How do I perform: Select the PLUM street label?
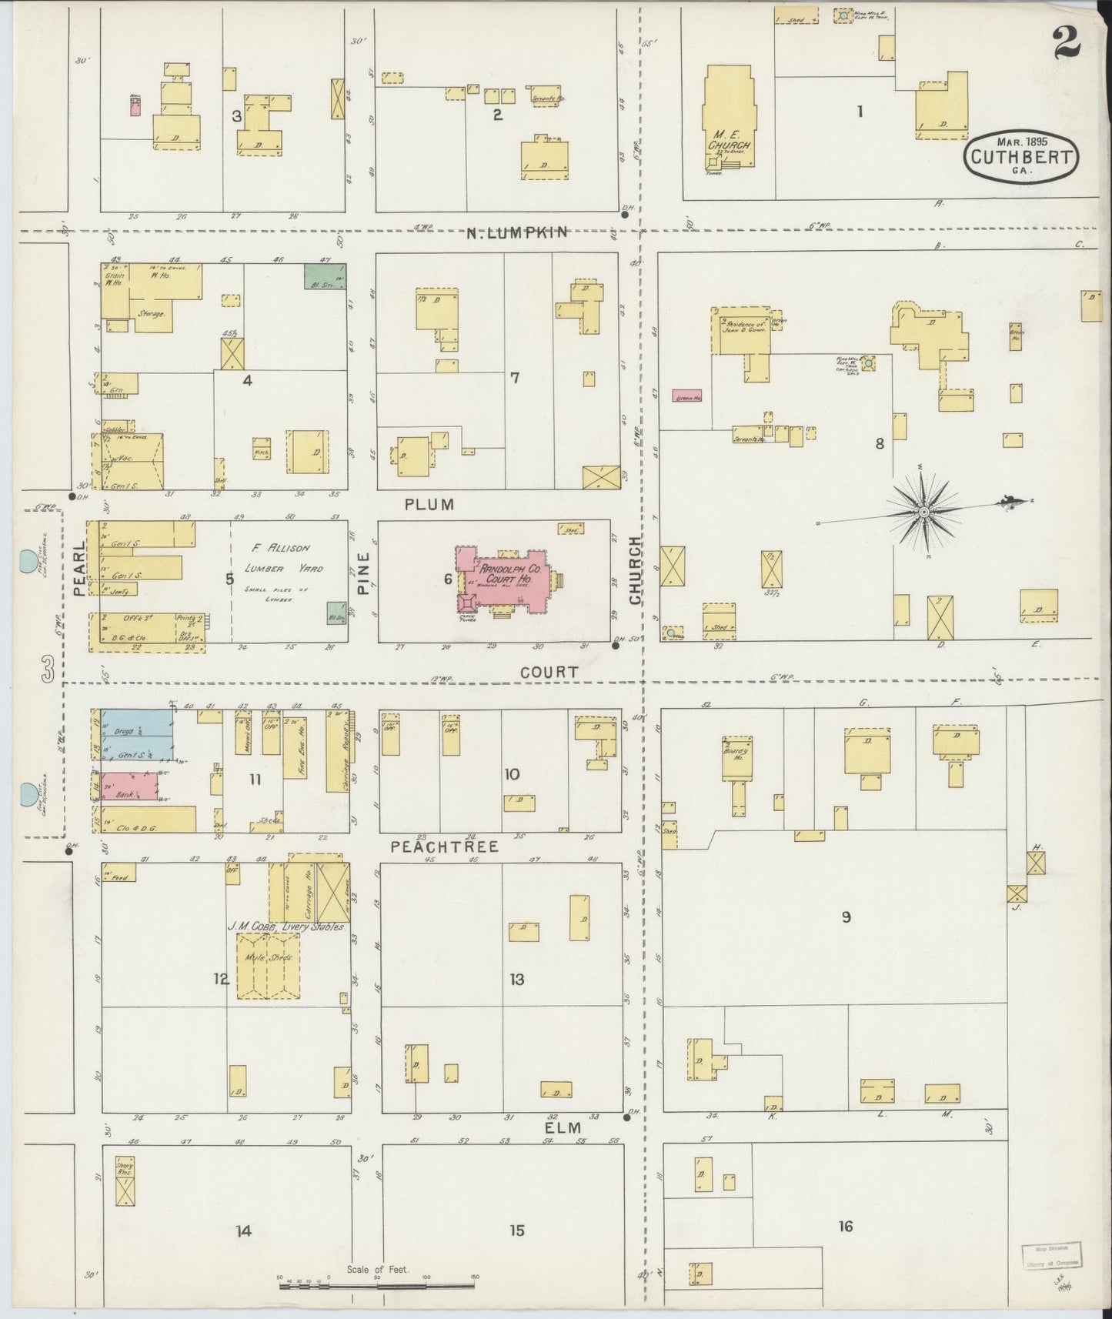pos(430,505)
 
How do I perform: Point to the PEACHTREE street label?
pos(444,846)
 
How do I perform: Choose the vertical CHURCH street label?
pos(636,570)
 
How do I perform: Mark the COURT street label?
pos(549,673)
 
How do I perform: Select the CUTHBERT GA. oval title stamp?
pos(1021,157)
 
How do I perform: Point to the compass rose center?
pos(923,512)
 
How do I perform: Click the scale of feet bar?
pos(377,1283)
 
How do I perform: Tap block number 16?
pos(845,1227)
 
